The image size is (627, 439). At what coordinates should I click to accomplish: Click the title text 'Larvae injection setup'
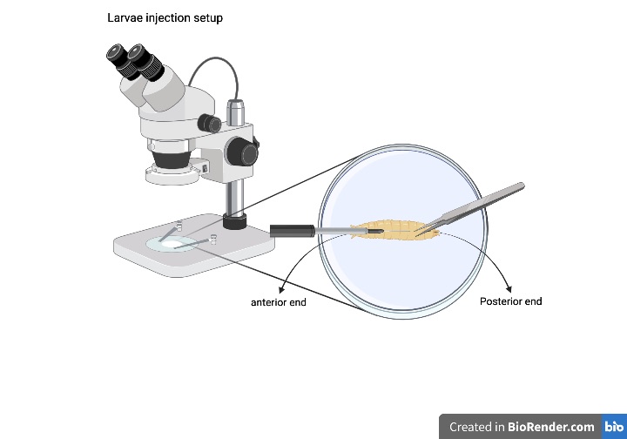(x=165, y=17)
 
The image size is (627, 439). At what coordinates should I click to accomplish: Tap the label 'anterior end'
(x=279, y=302)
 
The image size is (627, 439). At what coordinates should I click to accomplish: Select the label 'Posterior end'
(x=510, y=301)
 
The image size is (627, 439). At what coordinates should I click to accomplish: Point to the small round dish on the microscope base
(x=175, y=243)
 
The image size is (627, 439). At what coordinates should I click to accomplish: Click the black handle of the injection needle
(x=292, y=231)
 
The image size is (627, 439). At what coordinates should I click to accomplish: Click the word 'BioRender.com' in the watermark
(x=551, y=427)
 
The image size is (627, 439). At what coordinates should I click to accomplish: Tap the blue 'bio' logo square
(x=613, y=427)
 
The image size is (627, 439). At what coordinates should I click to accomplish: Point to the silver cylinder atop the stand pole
(x=235, y=111)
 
